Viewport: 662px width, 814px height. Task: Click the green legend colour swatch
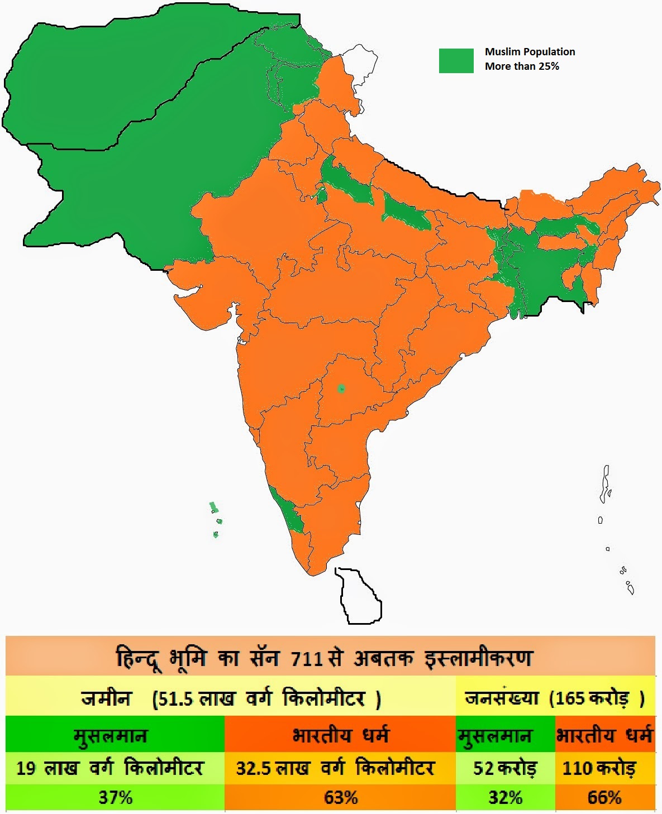coord(456,60)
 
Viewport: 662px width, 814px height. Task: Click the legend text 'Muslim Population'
coord(530,52)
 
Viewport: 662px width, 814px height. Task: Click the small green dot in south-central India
coord(341,389)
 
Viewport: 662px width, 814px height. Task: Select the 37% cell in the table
coord(116,797)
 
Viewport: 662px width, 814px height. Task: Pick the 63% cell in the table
coord(341,797)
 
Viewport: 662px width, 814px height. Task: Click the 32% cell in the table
coord(505,797)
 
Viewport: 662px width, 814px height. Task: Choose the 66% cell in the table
coord(604,797)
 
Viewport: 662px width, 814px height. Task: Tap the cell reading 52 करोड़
coord(505,768)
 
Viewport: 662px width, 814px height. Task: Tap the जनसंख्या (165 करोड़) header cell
coord(555,698)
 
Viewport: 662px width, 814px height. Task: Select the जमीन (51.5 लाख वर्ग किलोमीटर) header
coord(231,698)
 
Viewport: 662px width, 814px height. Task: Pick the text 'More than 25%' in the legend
coord(522,66)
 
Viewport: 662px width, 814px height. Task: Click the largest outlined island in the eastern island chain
coord(605,483)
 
